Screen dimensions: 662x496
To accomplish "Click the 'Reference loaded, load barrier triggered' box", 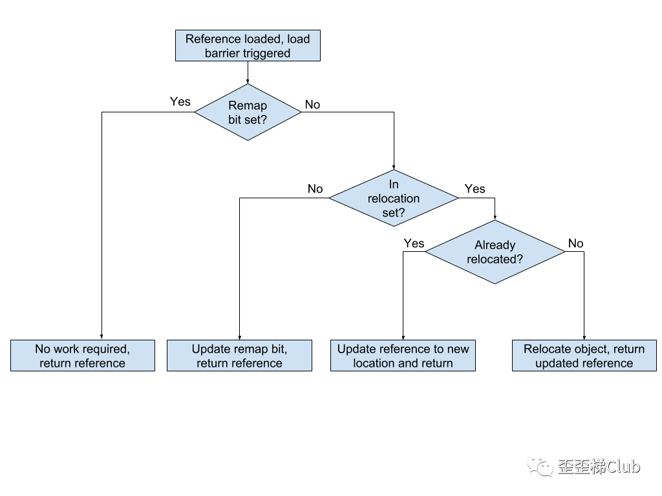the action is (248, 46).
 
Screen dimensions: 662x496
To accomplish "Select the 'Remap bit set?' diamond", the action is (248, 112).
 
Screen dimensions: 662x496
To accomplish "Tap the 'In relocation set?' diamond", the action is (394, 198).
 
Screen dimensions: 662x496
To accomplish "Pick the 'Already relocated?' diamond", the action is (495, 252).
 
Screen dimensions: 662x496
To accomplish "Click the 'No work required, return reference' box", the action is (83, 356).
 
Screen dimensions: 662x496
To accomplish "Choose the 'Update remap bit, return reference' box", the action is (239, 356).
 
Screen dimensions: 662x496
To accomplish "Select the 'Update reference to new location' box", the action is (403, 356).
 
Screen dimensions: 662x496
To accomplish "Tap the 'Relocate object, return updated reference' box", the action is (584, 356).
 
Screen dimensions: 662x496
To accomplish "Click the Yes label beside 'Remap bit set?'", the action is (180, 101).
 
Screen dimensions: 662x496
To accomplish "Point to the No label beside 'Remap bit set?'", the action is (312, 105).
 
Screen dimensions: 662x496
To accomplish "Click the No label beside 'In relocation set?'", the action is (315, 189).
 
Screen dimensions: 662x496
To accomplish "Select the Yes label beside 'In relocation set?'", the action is (475, 189).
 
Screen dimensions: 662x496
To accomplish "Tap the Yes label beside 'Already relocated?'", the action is (414, 243).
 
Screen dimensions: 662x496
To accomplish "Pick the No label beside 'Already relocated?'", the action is (575, 243).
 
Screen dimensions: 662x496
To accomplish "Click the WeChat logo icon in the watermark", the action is (540, 466).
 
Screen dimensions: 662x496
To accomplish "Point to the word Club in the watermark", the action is (623, 466).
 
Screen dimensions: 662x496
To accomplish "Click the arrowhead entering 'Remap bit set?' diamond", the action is (248, 81).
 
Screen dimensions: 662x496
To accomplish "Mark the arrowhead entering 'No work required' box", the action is (101, 337).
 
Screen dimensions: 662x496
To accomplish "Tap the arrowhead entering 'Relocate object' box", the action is (584, 337).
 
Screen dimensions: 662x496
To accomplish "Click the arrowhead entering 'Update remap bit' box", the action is (239, 337).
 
